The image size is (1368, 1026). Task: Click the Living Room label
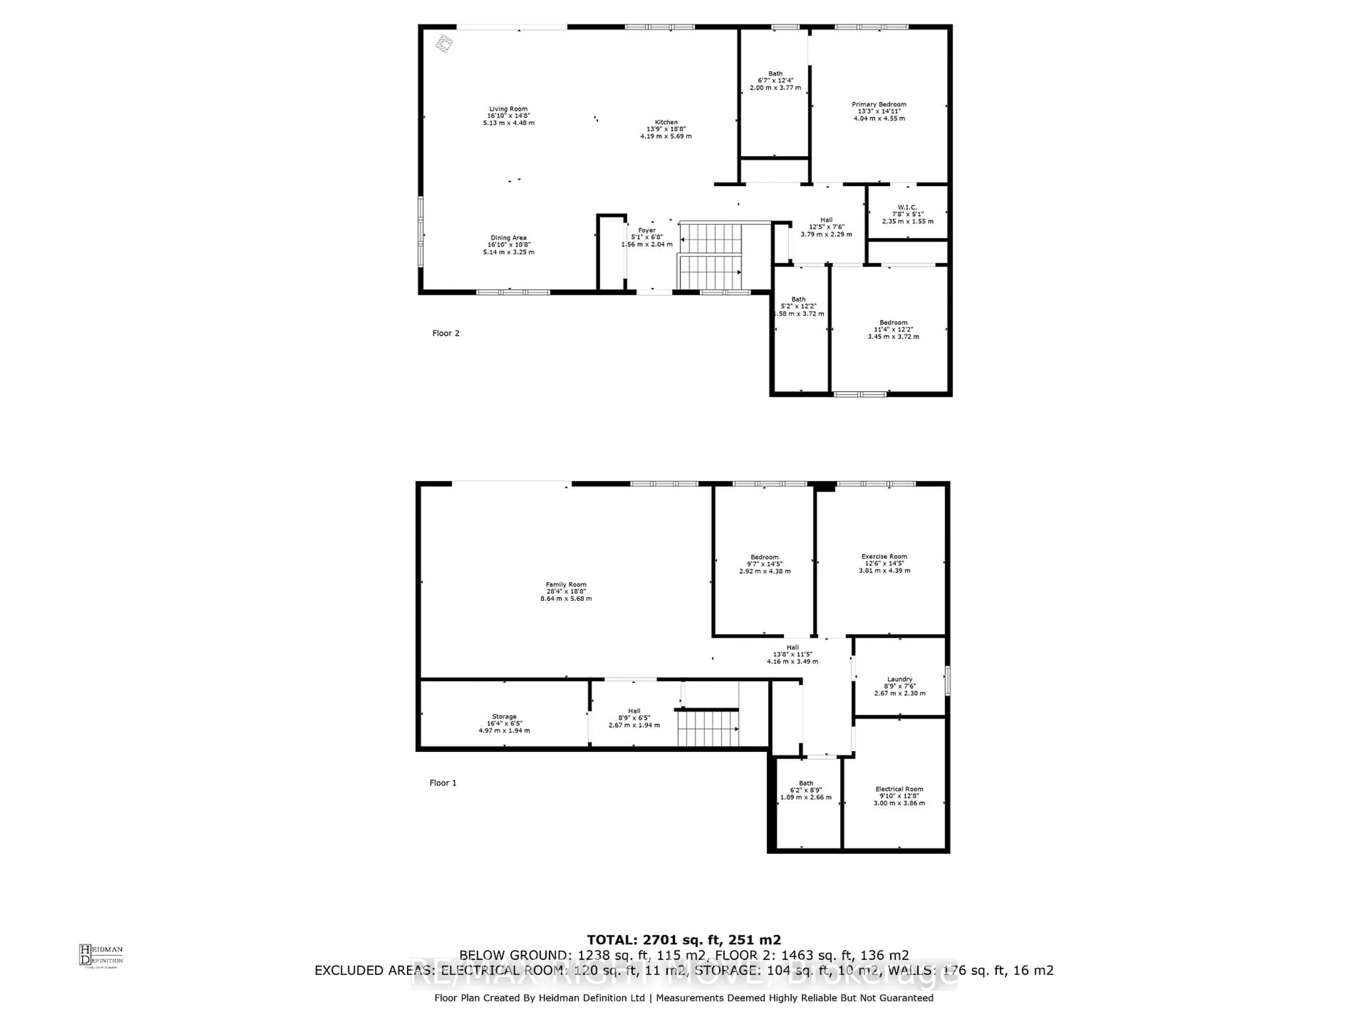pyautogui.click(x=508, y=109)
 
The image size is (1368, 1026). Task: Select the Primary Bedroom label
pyautogui.click(x=879, y=104)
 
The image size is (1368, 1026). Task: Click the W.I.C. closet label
pyautogui.click(x=907, y=207)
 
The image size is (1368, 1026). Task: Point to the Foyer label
pyautogui.click(x=647, y=230)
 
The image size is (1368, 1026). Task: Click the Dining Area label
pyautogui.click(x=508, y=238)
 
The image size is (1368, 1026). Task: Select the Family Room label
pyautogui.click(x=566, y=585)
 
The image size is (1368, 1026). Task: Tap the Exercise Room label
pyautogui.click(x=884, y=556)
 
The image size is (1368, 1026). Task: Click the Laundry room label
pyautogui.click(x=900, y=679)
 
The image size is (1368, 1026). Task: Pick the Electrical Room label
pyautogui.click(x=899, y=789)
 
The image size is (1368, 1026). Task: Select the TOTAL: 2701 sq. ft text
pyautogui.click(x=684, y=940)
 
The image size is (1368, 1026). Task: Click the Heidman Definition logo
pyautogui.click(x=101, y=955)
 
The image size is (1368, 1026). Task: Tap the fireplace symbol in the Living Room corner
pyautogui.click(x=444, y=43)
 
